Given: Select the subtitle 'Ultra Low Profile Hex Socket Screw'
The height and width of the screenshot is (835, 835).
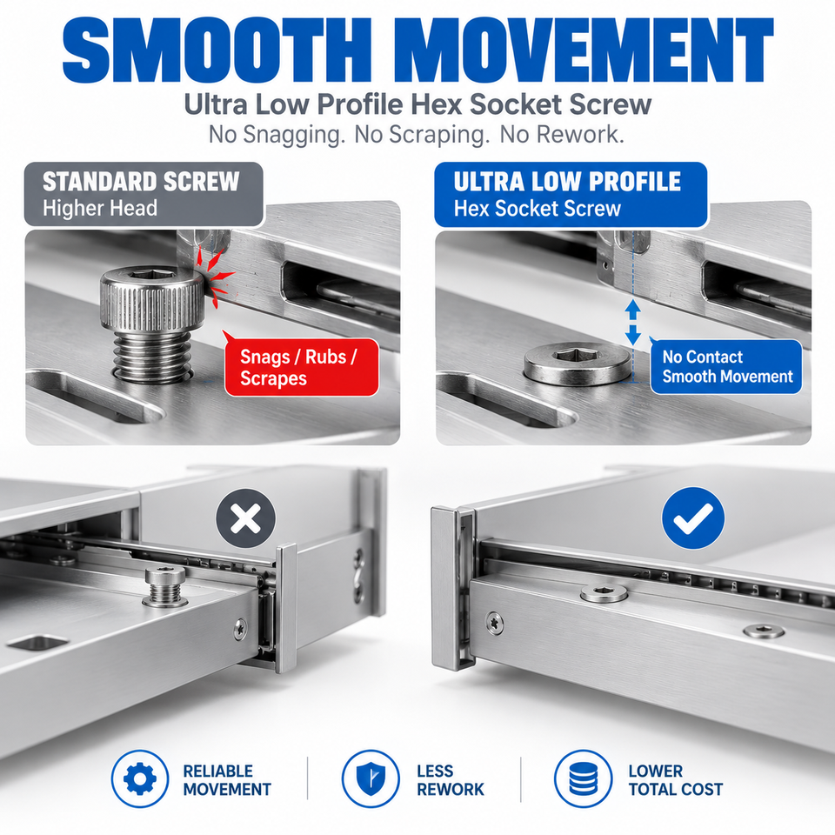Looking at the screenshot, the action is click(417, 104).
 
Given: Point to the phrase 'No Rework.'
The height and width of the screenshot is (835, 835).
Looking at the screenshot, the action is click(562, 134).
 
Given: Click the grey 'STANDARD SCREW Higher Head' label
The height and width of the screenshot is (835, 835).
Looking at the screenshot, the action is click(144, 194).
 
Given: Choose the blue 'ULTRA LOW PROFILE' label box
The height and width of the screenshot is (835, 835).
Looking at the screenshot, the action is click(571, 194).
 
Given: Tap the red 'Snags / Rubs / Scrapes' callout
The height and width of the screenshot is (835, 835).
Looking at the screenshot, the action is click(302, 367).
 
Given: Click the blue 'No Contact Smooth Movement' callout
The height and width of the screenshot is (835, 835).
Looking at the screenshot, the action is click(725, 366).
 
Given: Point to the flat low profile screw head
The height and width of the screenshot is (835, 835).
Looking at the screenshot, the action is click(578, 364).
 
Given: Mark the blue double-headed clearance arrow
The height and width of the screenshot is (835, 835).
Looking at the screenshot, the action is click(632, 322).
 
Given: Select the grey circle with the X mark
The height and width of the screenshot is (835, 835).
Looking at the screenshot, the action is click(246, 518).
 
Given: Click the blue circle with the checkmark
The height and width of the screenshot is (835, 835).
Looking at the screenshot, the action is click(693, 518).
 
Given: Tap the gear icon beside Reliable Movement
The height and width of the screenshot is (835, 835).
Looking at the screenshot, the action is click(140, 778).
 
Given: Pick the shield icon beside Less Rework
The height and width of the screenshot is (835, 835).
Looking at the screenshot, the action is click(371, 778).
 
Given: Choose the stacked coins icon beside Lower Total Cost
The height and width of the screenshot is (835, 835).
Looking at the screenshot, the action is click(583, 778).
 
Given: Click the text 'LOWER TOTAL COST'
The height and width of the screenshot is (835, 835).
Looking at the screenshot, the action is click(675, 779).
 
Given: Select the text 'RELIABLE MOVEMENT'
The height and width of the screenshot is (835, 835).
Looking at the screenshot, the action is click(227, 779).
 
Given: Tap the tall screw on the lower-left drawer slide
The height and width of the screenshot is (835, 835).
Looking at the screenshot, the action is click(165, 587).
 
